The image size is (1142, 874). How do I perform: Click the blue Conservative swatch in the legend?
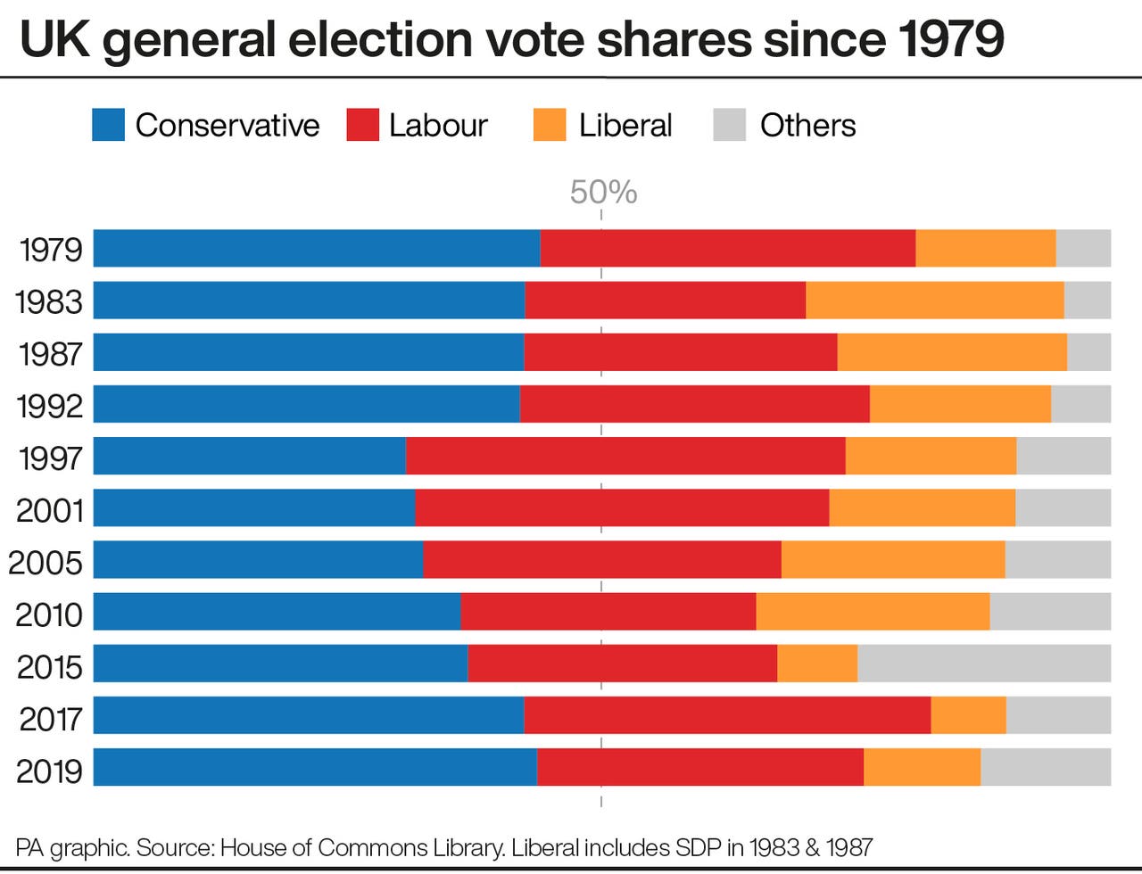tap(108, 125)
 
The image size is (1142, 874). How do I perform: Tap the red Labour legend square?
tap(363, 125)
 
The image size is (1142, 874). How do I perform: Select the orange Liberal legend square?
tap(550, 125)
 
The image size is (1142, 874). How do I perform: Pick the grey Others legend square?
tap(730, 125)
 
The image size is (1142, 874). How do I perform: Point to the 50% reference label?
tap(603, 193)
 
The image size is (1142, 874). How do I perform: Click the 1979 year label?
tap(51, 250)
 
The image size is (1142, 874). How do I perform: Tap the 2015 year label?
tap(50, 666)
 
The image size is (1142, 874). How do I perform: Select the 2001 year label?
tap(50, 510)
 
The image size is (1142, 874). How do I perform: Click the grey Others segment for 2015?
tap(983, 664)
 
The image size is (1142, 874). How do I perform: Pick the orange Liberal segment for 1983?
tap(934, 300)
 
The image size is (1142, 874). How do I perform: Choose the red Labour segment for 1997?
tap(625, 456)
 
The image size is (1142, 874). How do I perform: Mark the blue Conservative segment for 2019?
tap(315, 767)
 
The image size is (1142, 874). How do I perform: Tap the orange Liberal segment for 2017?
tap(968, 715)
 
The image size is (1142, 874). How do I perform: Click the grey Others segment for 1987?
tap(1088, 352)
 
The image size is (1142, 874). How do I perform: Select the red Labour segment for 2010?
tap(608, 612)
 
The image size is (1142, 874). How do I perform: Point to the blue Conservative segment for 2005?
tap(258, 559)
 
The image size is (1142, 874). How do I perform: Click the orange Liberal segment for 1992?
tap(960, 404)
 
